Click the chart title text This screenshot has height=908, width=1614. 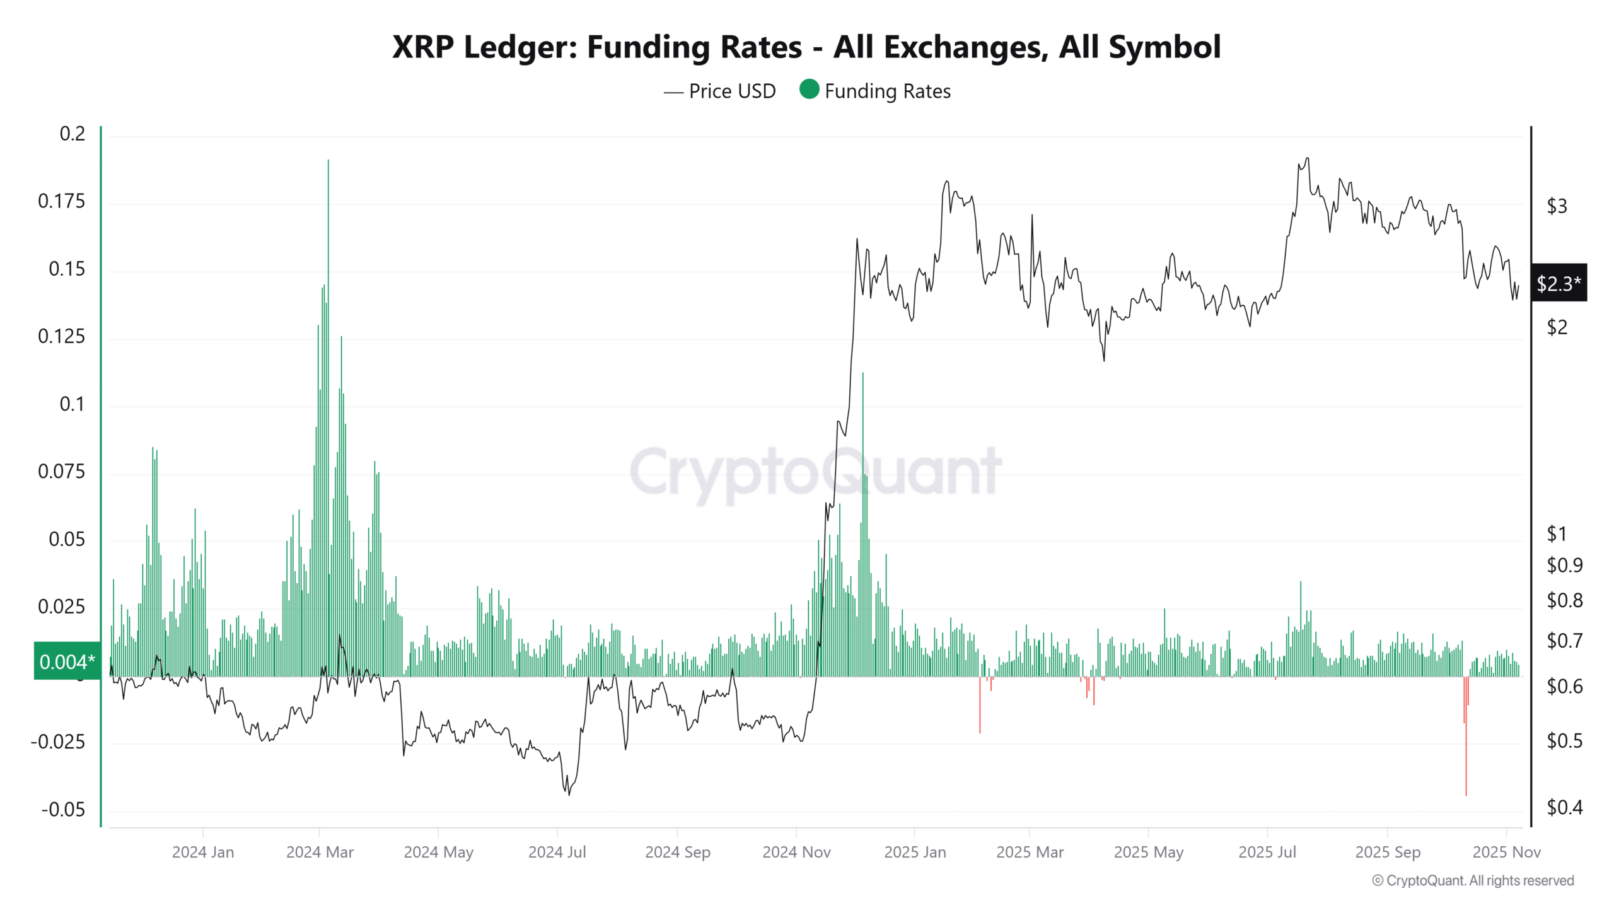(806, 47)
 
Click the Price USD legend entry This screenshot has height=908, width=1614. (719, 91)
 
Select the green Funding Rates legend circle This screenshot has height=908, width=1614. (809, 90)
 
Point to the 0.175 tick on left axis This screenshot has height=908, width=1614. (61, 201)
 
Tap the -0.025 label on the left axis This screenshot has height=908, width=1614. (57, 742)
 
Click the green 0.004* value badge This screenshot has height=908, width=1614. (67, 661)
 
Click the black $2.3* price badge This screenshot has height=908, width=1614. (1558, 283)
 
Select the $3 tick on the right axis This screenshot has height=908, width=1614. (1557, 206)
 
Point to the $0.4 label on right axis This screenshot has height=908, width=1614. (1564, 807)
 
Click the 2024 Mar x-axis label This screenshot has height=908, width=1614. (320, 852)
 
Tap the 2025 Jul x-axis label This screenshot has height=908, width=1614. (1267, 852)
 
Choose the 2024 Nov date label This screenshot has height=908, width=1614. (796, 852)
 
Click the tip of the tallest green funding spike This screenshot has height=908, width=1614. (328, 161)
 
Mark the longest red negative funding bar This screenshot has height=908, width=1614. (1466, 793)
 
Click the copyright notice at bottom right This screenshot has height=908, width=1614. (1473, 880)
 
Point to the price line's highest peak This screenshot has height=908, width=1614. (1307, 158)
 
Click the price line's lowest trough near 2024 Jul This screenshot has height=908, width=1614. (569, 794)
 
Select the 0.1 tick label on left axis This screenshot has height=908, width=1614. (71, 404)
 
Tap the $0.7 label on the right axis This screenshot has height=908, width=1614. (1564, 641)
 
